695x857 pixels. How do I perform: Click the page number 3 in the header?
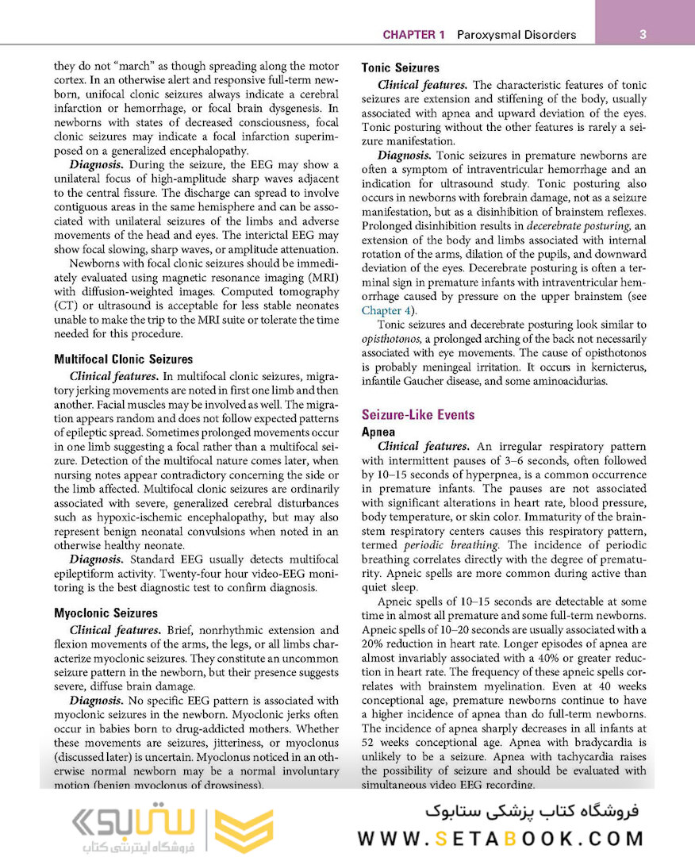[x=643, y=34]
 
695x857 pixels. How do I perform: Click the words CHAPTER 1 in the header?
[x=413, y=35]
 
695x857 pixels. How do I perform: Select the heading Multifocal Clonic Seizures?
[x=123, y=359]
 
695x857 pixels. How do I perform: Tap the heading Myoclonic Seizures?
[x=106, y=613]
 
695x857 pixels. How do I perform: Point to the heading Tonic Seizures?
[x=400, y=68]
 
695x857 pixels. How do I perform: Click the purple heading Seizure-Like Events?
[x=418, y=414]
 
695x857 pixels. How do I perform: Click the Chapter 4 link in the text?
[x=386, y=310]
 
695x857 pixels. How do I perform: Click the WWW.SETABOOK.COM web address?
[x=501, y=839]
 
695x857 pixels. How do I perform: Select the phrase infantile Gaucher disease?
[x=425, y=381]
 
